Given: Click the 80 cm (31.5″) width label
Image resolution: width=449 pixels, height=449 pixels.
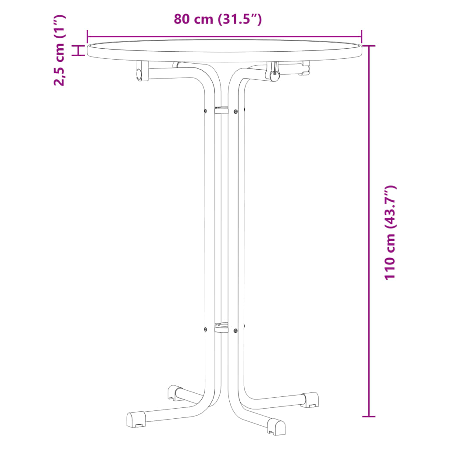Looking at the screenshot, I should (x=218, y=19).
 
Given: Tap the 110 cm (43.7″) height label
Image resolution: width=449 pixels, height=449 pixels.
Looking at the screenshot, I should (x=390, y=233).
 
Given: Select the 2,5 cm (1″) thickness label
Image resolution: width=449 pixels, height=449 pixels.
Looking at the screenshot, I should (x=59, y=50).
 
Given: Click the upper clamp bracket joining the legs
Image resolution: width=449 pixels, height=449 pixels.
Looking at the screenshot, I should (x=221, y=110).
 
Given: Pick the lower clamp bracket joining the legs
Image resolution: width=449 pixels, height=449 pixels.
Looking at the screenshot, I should (x=221, y=328).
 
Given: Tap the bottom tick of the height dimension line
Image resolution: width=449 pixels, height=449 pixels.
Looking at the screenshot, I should (x=369, y=416).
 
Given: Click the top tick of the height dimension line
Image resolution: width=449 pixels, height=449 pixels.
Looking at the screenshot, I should (x=369, y=46).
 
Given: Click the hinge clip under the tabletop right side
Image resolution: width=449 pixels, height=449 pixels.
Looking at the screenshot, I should (x=274, y=72).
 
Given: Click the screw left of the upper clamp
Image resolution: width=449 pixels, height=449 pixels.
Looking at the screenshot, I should (x=205, y=110).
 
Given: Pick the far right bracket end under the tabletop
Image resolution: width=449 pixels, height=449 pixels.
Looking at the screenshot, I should (x=305, y=68).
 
